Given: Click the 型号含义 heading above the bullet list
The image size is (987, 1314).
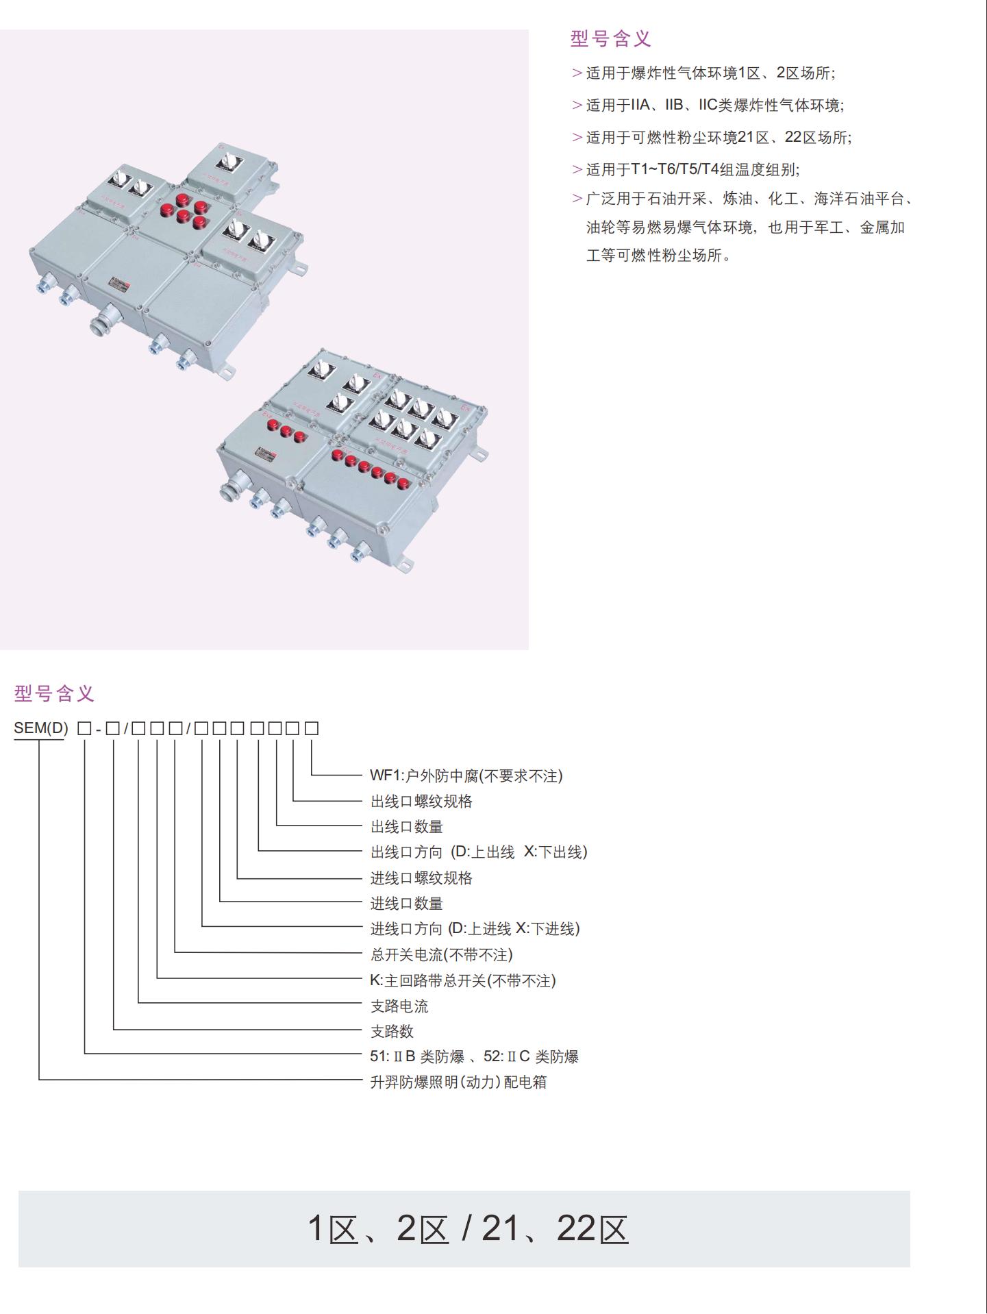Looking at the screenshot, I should click(x=610, y=39).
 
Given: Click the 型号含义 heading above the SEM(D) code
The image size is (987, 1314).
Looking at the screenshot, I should click(x=54, y=693).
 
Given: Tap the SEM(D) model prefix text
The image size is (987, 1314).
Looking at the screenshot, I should click(x=41, y=728).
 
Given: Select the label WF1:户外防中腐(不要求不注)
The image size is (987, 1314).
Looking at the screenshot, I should click(x=466, y=776).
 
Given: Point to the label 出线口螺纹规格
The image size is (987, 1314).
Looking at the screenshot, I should click(x=421, y=801).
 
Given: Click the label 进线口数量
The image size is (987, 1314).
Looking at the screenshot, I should click(x=407, y=903).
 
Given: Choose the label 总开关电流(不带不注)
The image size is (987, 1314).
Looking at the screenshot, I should click(x=441, y=954).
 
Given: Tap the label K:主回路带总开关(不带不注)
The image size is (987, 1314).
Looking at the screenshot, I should click(x=462, y=980).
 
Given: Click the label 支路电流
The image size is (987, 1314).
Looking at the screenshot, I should click(x=399, y=1006).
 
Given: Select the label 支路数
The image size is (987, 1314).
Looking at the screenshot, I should click(x=392, y=1031).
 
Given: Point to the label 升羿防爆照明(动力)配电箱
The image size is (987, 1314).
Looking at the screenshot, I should click(x=458, y=1082).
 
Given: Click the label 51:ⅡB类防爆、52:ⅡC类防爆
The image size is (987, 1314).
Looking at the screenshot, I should click(x=474, y=1056).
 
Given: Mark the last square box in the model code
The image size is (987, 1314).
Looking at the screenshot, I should click(x=312, y=728).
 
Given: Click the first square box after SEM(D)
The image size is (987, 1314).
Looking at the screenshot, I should click(x=84, y=728).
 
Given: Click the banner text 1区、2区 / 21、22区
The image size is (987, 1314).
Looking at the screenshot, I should click(x=468, y=1228).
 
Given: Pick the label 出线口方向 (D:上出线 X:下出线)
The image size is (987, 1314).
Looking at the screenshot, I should click(x=479, y=852).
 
